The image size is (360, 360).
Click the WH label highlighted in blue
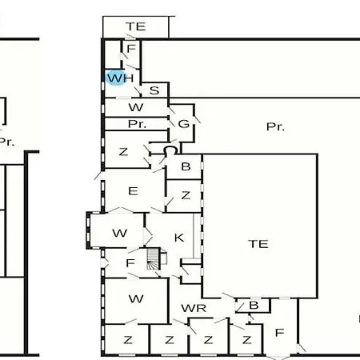[x=120, y=78]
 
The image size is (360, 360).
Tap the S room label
[x=154, y=90]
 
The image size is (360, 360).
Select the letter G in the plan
[x=184, y=124]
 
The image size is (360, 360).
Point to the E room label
[x=133, y=191]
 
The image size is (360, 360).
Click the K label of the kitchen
[x=179, y=238]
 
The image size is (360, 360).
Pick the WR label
[x=194, y=309]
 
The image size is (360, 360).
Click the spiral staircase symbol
[x=154, y=258]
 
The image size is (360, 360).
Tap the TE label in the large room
[x=258, y=244]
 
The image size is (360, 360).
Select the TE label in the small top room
[x=136, y=26]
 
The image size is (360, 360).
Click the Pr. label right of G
[x=275, y=126]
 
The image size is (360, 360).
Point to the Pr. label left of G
[x=137, y=124]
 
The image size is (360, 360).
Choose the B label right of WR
[x=254, y=306]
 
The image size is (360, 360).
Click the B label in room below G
[x=186, y=166]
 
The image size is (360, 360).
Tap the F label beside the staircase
[x=130, y=263]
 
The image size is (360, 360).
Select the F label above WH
[x=131, y=49]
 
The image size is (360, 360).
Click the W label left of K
[x=120, y=234]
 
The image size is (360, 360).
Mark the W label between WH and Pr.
[x=136, y=107]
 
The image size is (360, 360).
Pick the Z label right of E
[x=186, y=195]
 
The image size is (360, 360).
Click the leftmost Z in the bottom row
[x=128, y=340]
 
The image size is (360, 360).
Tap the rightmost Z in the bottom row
[x=247, y=340]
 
